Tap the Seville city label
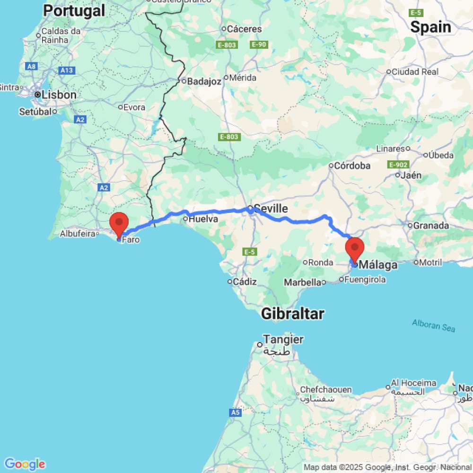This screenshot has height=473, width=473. pyautogui.click(x=271, y=209)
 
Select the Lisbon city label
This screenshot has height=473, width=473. pyautogui.click(x=59, y=95)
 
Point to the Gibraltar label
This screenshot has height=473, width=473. pyautogui.click(x=292, y=313)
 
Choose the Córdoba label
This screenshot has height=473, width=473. pyautogui.click(x=352, y=166)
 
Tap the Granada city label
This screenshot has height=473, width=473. pyautogui.click(x=430, y=225)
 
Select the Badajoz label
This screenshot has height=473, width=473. pyautogui.click(x=204, y=81)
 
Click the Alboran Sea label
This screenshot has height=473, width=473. pyautogui.click(x=433, y=325)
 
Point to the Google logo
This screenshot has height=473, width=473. pyautogui.click(x=25, y=464)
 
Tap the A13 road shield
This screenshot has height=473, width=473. pyautogui.click(x=67, y=70)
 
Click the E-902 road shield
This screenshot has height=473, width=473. pyautogui.click(x=397, y=165)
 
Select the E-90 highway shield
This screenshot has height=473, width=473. pyautogui.click(x=259, y=44)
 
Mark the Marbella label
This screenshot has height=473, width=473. pyautogui.click(x=303, y=282)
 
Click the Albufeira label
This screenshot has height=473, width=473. pyautogui.click(x=79, y=233)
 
